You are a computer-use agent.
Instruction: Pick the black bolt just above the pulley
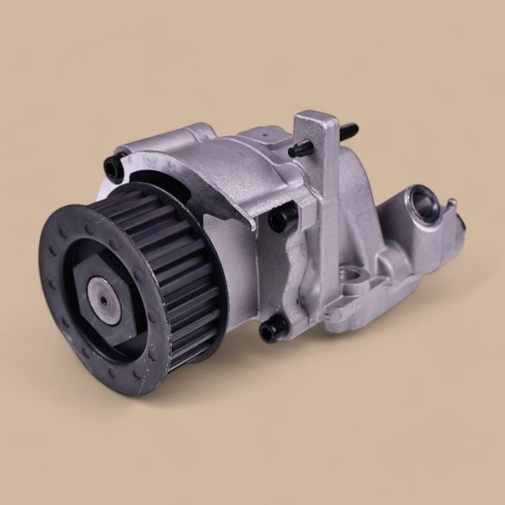114,170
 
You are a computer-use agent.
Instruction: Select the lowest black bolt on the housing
271,330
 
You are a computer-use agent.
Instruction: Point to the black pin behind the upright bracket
348,131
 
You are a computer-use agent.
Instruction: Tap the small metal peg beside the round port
451,204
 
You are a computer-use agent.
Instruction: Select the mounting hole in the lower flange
351,274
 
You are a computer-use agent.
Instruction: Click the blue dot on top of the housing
267,133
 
